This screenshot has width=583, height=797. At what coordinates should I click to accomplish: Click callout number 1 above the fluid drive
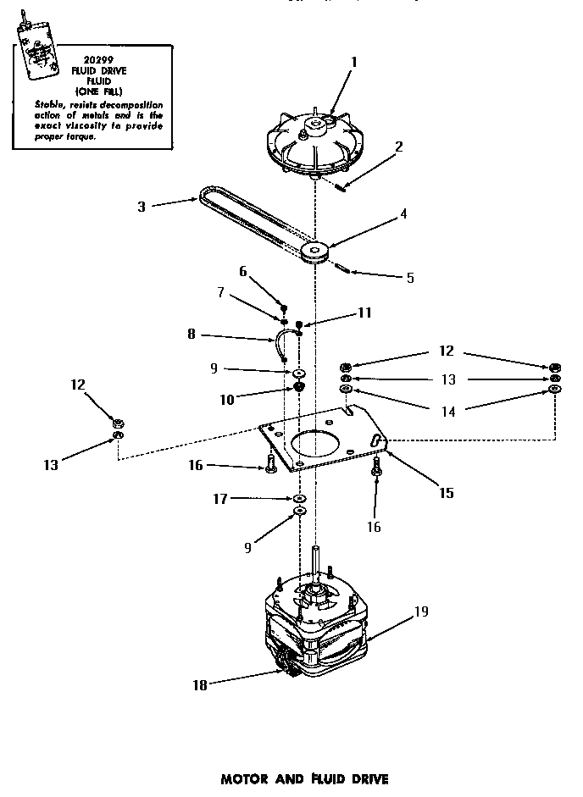354,61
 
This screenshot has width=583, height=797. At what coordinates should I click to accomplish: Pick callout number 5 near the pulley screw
410,277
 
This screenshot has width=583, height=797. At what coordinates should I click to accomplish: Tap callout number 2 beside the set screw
397,146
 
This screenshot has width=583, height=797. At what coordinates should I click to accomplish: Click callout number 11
364,313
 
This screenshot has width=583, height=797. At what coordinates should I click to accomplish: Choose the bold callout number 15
445,492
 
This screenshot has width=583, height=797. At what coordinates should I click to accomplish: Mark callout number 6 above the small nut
242,271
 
